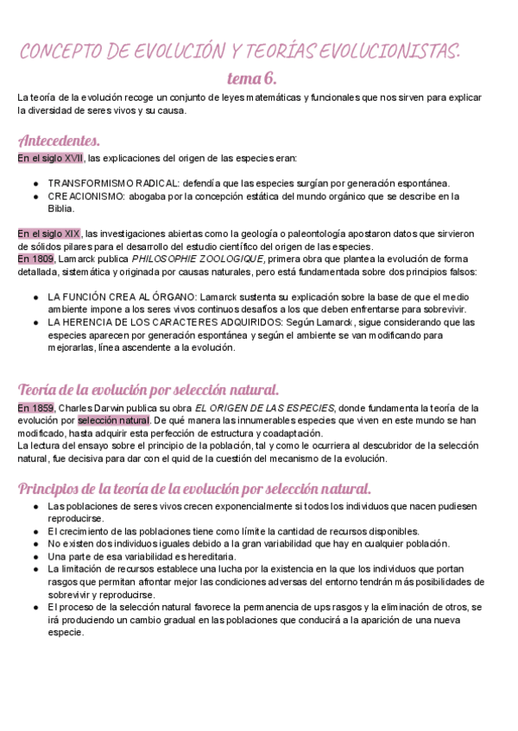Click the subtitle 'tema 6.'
tap(251, 78)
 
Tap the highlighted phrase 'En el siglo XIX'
tap(49, 234)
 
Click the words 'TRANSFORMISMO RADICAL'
tap(110, 184)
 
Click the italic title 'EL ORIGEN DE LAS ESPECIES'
tap(264, 408)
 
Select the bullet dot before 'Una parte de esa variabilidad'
tap(35, 557)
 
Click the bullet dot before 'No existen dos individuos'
tap(35, 544)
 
